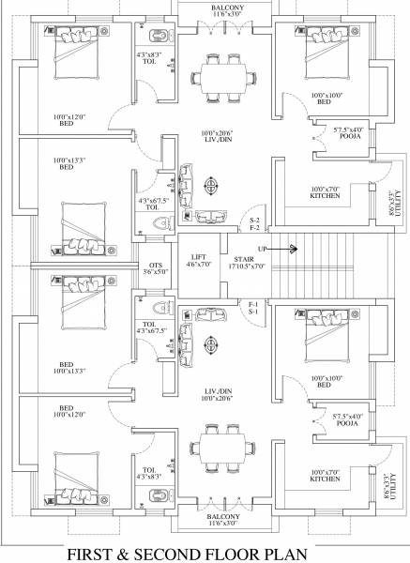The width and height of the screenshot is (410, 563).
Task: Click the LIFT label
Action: (198, 256)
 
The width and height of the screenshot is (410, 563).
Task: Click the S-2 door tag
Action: (254, 221)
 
